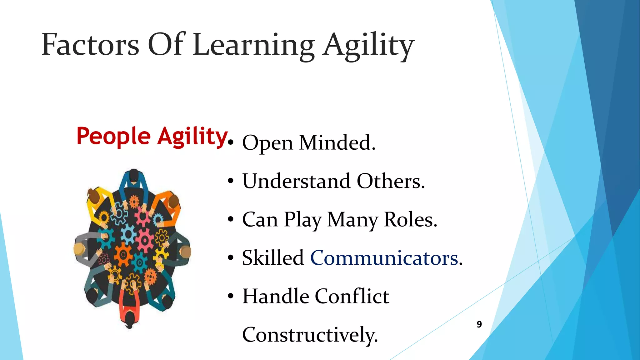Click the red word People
click(x=113, y=137)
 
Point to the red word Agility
click(x=192, y=137)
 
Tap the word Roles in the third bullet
click(x=410, y=219)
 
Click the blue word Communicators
click(x=384, y=258)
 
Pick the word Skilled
click(x=273, y=258)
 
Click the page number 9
click(x=479, y=324)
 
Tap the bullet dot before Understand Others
click(x=231, y=181)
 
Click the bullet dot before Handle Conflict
click(x=231, y=296)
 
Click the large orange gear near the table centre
click(x=123, y=254)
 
